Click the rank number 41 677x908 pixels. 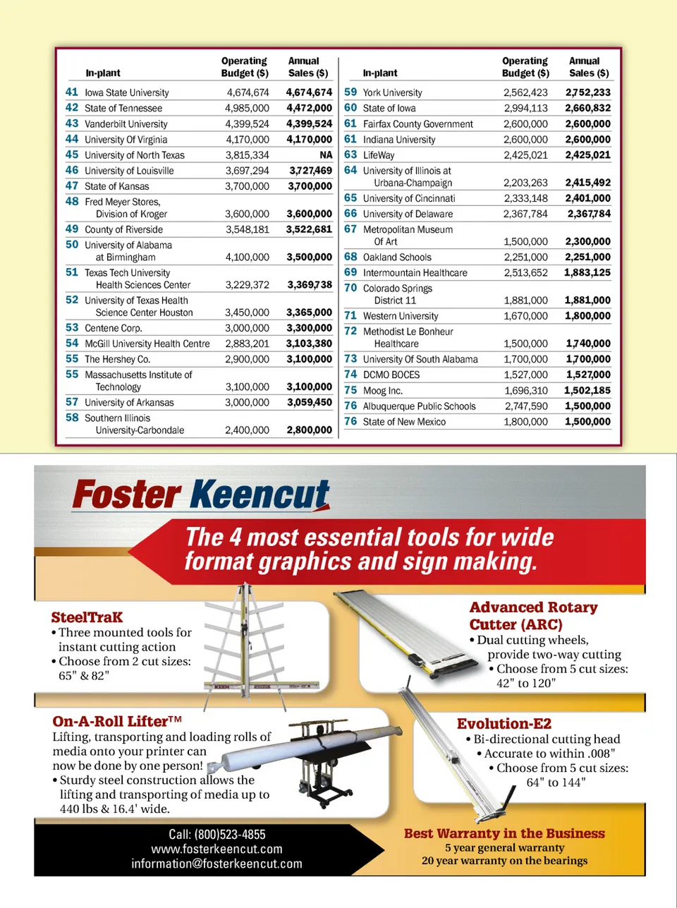click(72, 92)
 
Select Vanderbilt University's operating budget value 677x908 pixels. click(247, 123)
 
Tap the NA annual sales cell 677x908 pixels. click(325, 155)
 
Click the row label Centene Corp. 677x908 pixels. click(113, 328)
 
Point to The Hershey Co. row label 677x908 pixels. click(117, 359)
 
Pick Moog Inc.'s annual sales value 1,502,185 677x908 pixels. click(587, 390)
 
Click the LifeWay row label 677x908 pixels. click(379, 155)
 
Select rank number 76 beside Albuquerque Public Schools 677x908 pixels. click(350, 406)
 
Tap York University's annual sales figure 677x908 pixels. click(587, 92)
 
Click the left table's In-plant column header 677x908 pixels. click(103, 73)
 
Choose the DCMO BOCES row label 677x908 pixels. click(391, 375)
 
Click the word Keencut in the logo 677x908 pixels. click(260, 495)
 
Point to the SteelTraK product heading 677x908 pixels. click(87, 617)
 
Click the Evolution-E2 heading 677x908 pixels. click(504, 724)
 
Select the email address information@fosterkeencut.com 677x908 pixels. click(216, 864)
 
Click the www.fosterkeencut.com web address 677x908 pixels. click(216, 849)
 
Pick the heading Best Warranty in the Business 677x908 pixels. click(504, 833)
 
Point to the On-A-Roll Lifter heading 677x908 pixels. click(116, 721)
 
